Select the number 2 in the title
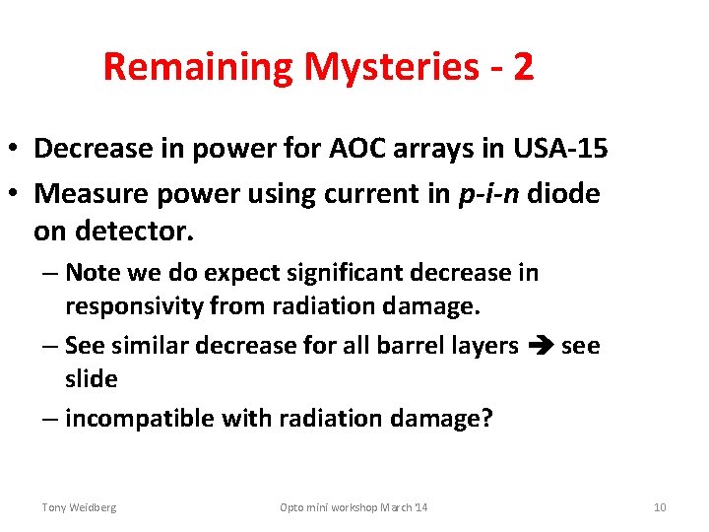pyautogui.click(x=523, y=67)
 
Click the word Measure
pyautogui.click(x=85, y=194)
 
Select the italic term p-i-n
pyautogui.click(x=483, y=194)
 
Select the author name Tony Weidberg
pyautogui.click(x=79, y=507)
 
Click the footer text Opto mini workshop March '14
pyautogui.click(x=354, y=507)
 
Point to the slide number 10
pyautogui.click(x=660, y=507)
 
